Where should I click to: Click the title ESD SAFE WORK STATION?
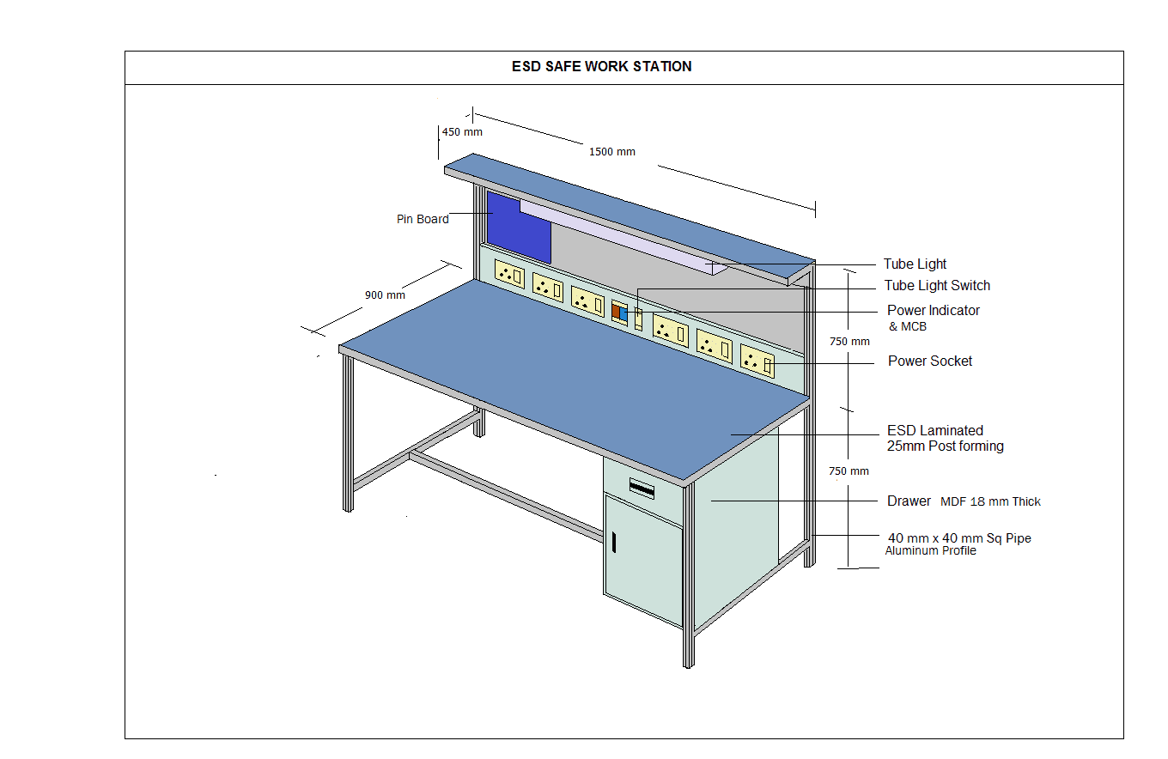tap(601, 66)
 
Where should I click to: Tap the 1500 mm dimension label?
tap(611, 152)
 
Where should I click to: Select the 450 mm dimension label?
tap(462, 132)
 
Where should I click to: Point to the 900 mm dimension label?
tap(385, 295)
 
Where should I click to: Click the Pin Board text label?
tap(423, 219)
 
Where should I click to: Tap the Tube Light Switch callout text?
tap(937, 286)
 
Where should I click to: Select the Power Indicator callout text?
tap(933, 310)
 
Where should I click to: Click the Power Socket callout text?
tap(930, 361)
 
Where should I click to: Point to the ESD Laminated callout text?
tap(934, 431)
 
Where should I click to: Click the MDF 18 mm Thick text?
tap(990, 501)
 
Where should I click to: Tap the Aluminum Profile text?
tap(930, 551)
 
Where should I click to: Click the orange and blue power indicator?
tap(619, 312)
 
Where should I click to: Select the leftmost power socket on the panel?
tap(510, 275)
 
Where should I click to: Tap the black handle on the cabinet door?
tap(614, 543)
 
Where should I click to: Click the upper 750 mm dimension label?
tap(849, 342)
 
